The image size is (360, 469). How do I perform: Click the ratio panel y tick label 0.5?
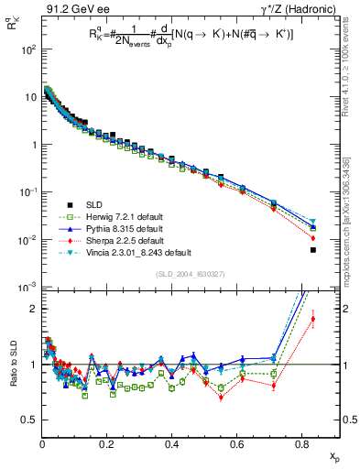(x=31, y=420)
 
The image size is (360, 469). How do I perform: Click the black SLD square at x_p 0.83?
(x=313, y=250)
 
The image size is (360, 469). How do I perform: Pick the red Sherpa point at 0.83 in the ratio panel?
(x=313, y=320)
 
